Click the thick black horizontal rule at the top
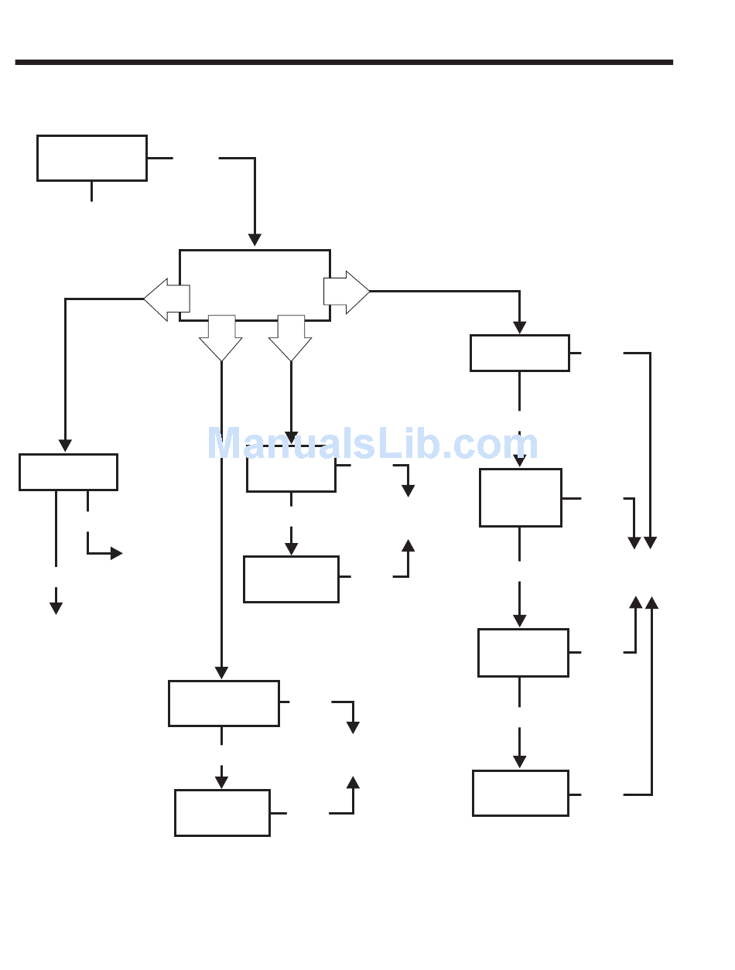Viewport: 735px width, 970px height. pos(344,62)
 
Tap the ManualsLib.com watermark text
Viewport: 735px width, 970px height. pos(372,445)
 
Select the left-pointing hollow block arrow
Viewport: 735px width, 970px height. pos(166,299)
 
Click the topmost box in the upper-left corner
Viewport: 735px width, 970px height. pos(92,159)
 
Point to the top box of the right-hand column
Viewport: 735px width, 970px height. pos(520,353)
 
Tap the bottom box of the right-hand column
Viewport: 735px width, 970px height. pos(521,793)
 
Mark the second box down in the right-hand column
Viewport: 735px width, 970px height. pos(521,497)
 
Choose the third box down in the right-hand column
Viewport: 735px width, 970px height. pos(523,653)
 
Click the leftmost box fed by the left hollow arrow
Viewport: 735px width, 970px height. pos(68,472)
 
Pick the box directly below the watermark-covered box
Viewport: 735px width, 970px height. pos(291,579)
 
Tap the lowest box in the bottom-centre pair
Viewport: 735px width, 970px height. pos(222,812)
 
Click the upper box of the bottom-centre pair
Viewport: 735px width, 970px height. pos(224,703)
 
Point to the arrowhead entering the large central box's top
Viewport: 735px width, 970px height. pos(255,241)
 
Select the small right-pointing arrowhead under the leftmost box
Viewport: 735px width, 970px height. pos(117,553)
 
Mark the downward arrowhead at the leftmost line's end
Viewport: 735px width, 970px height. pos(56,609)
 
